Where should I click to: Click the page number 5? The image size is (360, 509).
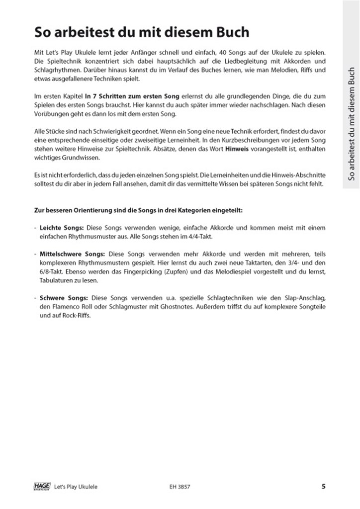coord(324,487)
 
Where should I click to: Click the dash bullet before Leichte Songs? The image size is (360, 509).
coord(36,227)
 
